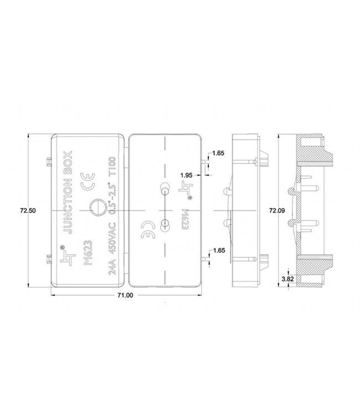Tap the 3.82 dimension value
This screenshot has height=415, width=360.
coord(288,279)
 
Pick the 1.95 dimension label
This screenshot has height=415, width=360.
coord(187,175)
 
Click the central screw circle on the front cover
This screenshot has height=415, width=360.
coord(96,209)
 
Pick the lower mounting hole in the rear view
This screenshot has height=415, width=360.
coord(164,224)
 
